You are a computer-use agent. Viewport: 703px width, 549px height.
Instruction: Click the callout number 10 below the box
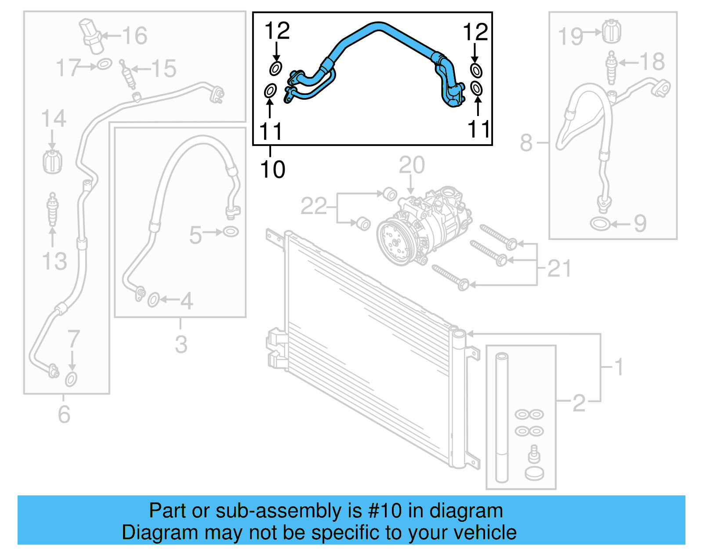tap(272, 170)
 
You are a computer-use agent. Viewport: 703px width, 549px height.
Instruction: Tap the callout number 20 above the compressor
tap(412, 165)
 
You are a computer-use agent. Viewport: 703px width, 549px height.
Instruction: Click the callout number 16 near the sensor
tap(134, 36)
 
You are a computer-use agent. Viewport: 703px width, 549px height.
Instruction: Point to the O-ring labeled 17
tap(104, 64)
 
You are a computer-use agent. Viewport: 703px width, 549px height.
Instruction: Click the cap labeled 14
tap(52, 161)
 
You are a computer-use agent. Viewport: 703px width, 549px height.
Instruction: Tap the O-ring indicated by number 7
tap(71, 379)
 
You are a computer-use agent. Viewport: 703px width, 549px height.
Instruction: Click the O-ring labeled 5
tap(231, 231)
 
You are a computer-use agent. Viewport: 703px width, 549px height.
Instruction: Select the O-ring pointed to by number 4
tap(153, 300)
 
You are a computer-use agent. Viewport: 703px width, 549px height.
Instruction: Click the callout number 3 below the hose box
tap(181, 345)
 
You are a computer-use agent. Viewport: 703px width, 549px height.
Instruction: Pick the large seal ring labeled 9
tap(599, 224)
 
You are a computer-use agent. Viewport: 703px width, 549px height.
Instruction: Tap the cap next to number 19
tap(611, 31)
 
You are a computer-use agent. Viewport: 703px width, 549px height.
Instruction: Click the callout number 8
tap(526, 143)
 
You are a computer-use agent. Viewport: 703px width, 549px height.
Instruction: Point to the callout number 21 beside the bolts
tap(560, 269)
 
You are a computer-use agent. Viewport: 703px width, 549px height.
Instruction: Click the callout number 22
tap(314, 206)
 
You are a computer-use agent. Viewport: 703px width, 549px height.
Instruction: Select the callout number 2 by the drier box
tap(579, 403)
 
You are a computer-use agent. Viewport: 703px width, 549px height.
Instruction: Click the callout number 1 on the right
tap(619, 367)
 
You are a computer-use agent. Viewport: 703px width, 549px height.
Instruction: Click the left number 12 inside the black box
tap(277, 31)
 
